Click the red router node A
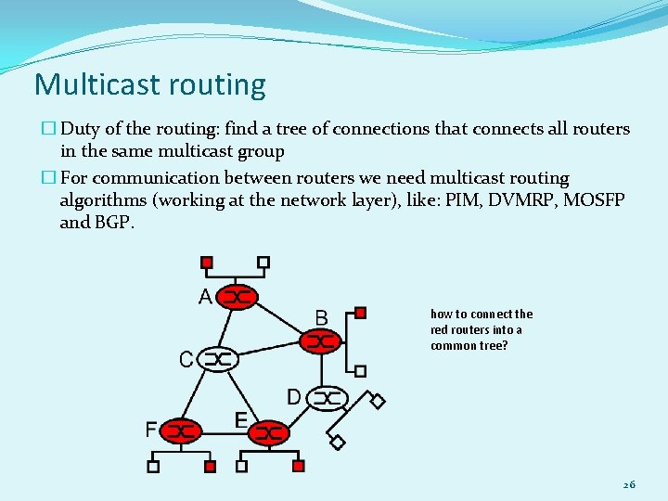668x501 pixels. (238, 297)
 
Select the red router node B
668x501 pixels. (321, 341)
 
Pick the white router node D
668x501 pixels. (326, 398)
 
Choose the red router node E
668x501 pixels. (269, 432)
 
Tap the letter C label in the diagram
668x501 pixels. (186, 359)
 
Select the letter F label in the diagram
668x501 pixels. (151, 430)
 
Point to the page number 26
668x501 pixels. (629, 484)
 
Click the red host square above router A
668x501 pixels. (207, 263)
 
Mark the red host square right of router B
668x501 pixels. (361, 313)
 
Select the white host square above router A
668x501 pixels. (263, 263)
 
